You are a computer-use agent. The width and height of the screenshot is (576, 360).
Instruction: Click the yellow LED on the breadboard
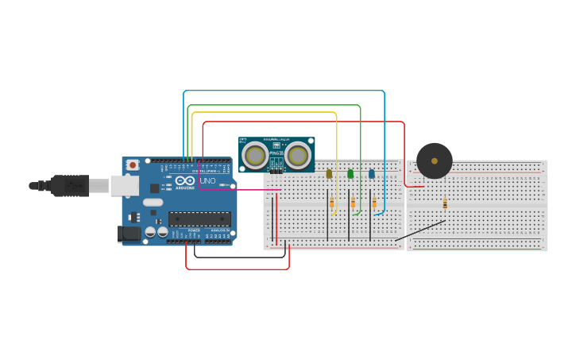[x=329, y=173]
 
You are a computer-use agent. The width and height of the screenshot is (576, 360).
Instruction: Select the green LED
[x=350, y=173]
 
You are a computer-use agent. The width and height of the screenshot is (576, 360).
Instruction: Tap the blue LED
[x=371, y=173]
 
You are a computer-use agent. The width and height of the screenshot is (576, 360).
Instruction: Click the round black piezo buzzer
[x=435, y=161]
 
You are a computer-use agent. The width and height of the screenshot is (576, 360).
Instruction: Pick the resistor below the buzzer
[x=445, y=204]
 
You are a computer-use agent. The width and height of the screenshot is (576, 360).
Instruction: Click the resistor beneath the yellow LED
[x=331, y=203]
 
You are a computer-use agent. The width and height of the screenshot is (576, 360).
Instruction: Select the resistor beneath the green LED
[x=353, y=203]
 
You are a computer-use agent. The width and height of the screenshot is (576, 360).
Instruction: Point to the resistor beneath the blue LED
[x=374, y=203]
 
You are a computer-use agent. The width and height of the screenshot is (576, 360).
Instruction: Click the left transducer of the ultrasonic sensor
[x=255, y=155]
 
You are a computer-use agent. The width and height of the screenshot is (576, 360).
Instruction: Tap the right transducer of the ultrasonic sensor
[x=299, y=155]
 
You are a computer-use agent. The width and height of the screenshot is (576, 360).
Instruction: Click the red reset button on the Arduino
[x=132, y=165]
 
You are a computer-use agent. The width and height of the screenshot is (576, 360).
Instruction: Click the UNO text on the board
[x=207, y=181]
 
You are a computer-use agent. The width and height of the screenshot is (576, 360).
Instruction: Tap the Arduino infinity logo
[x=185, y=181]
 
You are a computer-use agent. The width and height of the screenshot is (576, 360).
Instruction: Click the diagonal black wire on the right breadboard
[x=421, y=230]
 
